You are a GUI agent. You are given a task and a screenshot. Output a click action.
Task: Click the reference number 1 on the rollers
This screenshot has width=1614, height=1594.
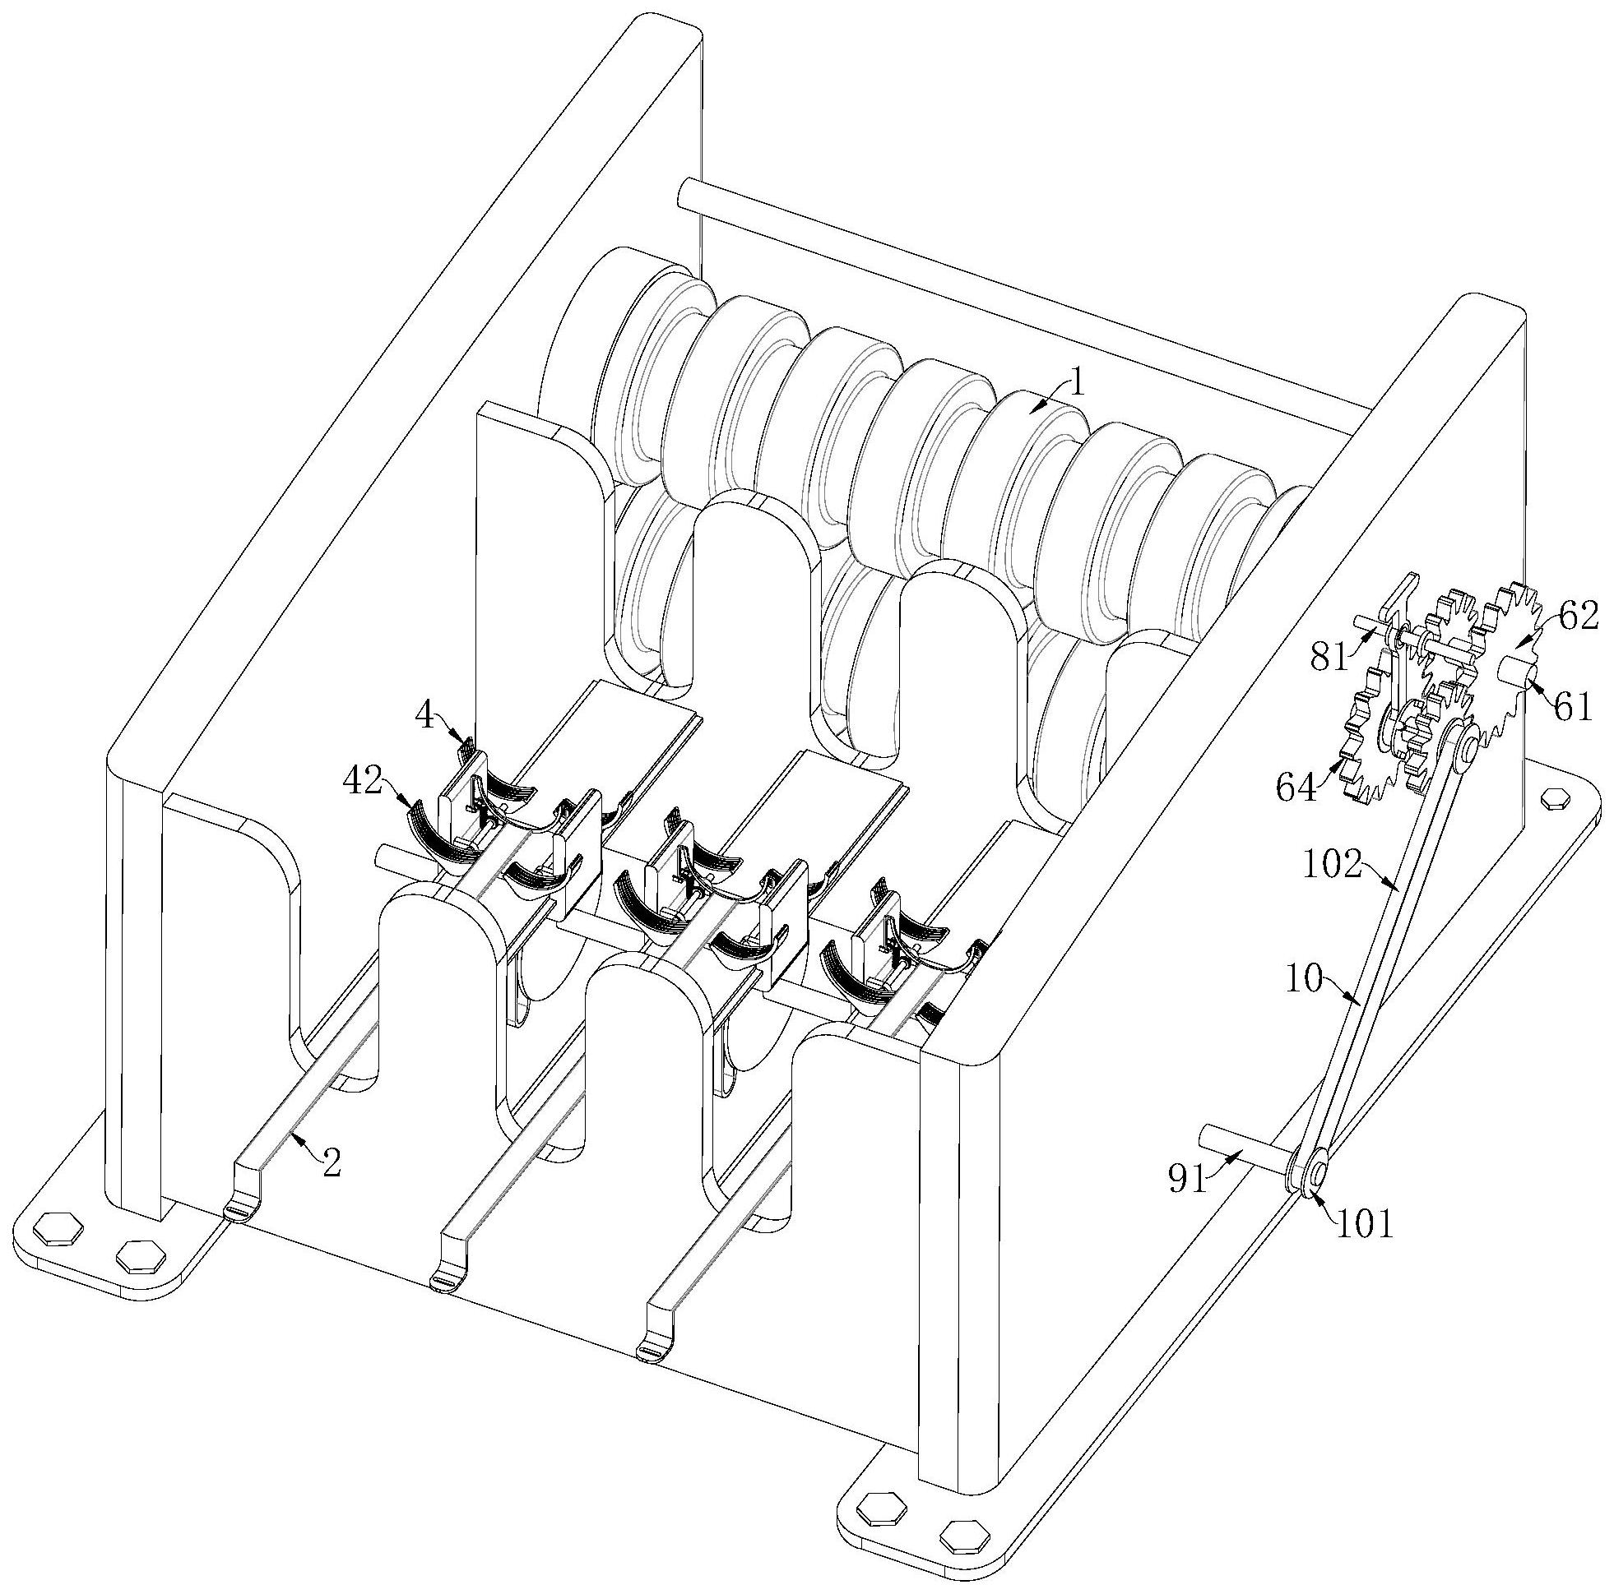1078,385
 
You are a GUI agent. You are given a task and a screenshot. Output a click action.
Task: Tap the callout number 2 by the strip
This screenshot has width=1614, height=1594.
332,1165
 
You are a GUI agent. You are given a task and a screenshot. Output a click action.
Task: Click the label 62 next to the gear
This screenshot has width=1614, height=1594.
1575,619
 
